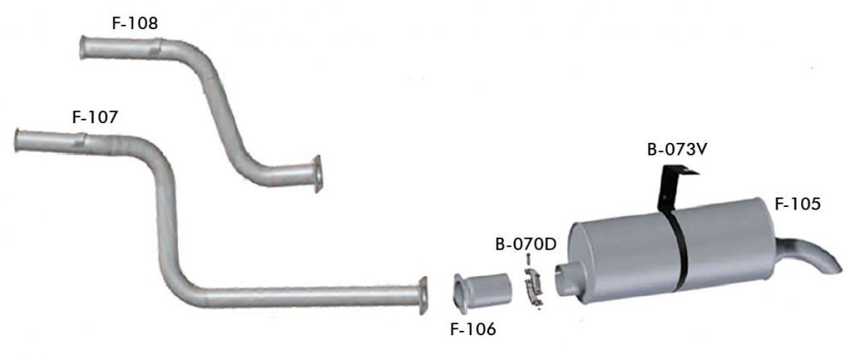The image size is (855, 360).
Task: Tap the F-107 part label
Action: tap(95, 117)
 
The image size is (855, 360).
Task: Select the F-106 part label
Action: tap(473, 329)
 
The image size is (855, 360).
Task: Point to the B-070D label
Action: tap(525, 244)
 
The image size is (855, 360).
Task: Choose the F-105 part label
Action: tap(797, 204)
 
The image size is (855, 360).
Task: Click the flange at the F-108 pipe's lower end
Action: tap(317, 174)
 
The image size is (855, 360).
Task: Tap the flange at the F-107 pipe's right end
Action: tap(422, 296)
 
